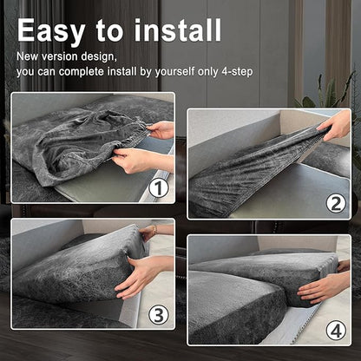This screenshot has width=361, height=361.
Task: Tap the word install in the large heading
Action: click(x=178, y=30)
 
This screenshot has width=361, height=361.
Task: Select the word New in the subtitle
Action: click(x=28, y=56)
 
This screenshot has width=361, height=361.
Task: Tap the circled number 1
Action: click(x=159, y=188)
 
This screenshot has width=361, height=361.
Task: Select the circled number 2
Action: click(x=336, y=204)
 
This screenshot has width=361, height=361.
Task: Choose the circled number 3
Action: click(x=159, y=314)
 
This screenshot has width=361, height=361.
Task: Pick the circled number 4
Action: click(x=336, y=331)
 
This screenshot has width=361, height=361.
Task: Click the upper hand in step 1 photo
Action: click(x=161, y=130)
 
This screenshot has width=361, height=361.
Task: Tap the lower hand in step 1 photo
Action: click(x=141, y=160)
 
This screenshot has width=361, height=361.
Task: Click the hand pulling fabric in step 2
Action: click(x=336, y=126)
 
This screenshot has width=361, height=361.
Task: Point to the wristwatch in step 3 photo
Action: click(x=155, y=229)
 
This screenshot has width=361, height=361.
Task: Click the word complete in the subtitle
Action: click(x=82, y=71)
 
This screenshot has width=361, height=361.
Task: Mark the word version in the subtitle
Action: click(x=60, y=56)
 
